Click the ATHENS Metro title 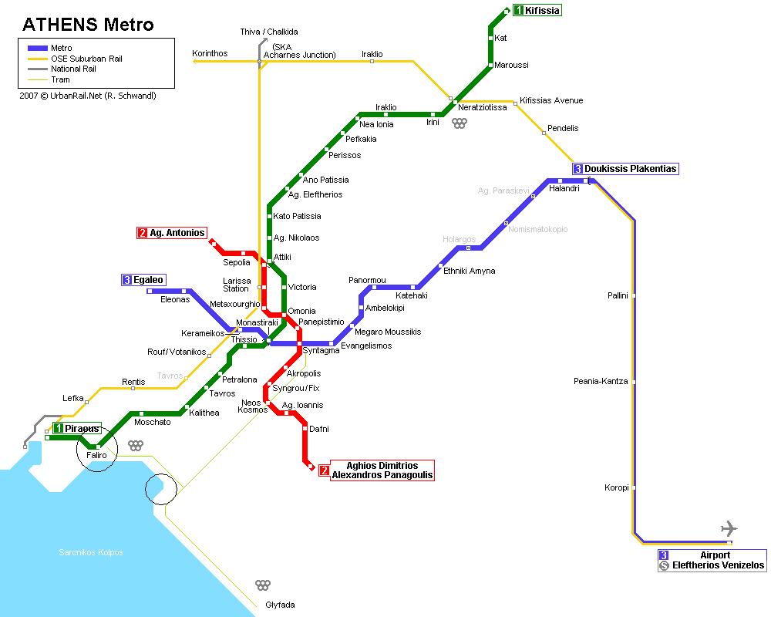(x=89, y=25)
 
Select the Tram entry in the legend (x=60, y=79)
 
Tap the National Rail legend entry (x=72, y=69)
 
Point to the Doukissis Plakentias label (x=630, y=169)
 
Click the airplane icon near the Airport (x=728, y=528)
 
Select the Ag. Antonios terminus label (x=177, y=233)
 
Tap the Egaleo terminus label (x=149, y=280)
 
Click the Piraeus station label (x=82, y=428)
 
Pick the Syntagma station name (x=321, y=351)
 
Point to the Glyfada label (x=280, y=605)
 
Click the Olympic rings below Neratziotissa (x=460, y=123)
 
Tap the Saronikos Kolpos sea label (x=91, y=552)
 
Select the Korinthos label (x=210, y=53)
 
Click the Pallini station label (x=618, y=295)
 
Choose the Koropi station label (x=617, y=487)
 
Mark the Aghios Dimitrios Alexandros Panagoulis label (x=382, y=470)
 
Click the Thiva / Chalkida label (x=269, y=32)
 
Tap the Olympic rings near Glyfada (x=263, y=585)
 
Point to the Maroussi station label (x=511, y=66)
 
